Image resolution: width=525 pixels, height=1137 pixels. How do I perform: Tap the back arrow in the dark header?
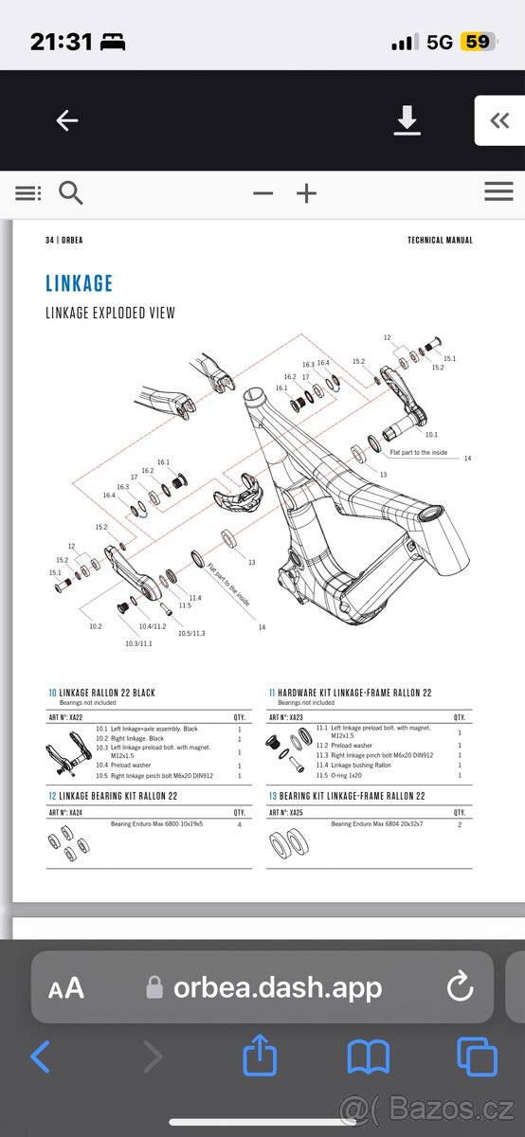(x=65, y=120)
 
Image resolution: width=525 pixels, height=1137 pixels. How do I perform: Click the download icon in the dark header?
(x=407, y=120)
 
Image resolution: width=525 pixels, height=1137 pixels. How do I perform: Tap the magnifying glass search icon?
(x=71, y=193)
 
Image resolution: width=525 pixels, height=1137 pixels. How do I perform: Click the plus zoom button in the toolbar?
(x=306, y=193)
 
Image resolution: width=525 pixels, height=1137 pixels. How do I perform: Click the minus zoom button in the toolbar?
(x=262, y=193)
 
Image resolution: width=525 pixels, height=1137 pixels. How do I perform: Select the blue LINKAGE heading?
(x=80, y=283)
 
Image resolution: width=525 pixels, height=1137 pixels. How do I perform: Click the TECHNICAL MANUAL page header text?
(x=440, y=241)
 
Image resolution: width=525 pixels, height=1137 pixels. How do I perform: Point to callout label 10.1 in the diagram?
(x=431, y=434)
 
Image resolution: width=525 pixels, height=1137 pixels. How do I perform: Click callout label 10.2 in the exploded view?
(x=95, y=626)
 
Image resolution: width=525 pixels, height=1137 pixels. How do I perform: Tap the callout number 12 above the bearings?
(x=387, y=337)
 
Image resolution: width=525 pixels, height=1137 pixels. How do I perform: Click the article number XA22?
(x=65, y=717)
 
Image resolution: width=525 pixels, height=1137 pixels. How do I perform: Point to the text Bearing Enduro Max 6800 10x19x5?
(x=160, y=824)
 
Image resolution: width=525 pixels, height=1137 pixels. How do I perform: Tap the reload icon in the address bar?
(x=460, y=987)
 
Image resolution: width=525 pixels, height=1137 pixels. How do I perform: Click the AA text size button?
(x=66, y=988)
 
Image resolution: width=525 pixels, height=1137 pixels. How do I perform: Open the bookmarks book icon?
(x=369, y=1056)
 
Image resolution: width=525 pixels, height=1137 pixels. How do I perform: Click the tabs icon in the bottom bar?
(x=477, y=1056)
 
